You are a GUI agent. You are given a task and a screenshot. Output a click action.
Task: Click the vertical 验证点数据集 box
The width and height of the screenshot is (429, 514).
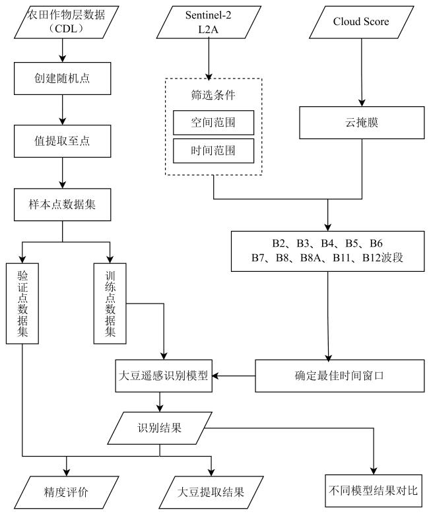pos(22,303)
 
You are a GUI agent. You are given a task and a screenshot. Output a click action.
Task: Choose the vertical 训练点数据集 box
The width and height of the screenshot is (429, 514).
pos(110,303)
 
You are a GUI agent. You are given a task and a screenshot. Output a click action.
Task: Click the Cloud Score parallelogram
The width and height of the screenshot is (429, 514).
pos(361,22)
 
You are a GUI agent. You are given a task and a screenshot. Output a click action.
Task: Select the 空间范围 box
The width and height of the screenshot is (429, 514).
pos(213,122)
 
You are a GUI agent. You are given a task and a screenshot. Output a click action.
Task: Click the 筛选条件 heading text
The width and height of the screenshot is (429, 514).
pos(213,94)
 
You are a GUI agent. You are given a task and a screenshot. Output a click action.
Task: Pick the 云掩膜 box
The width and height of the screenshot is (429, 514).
pos(361,123)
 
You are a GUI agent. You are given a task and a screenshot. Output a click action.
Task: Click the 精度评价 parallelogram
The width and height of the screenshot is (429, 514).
pos(65,491)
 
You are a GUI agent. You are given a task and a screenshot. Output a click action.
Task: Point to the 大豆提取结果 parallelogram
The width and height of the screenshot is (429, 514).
pos(211,491)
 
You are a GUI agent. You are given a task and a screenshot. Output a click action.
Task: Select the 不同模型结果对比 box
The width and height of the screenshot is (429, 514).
pos(373,491)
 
